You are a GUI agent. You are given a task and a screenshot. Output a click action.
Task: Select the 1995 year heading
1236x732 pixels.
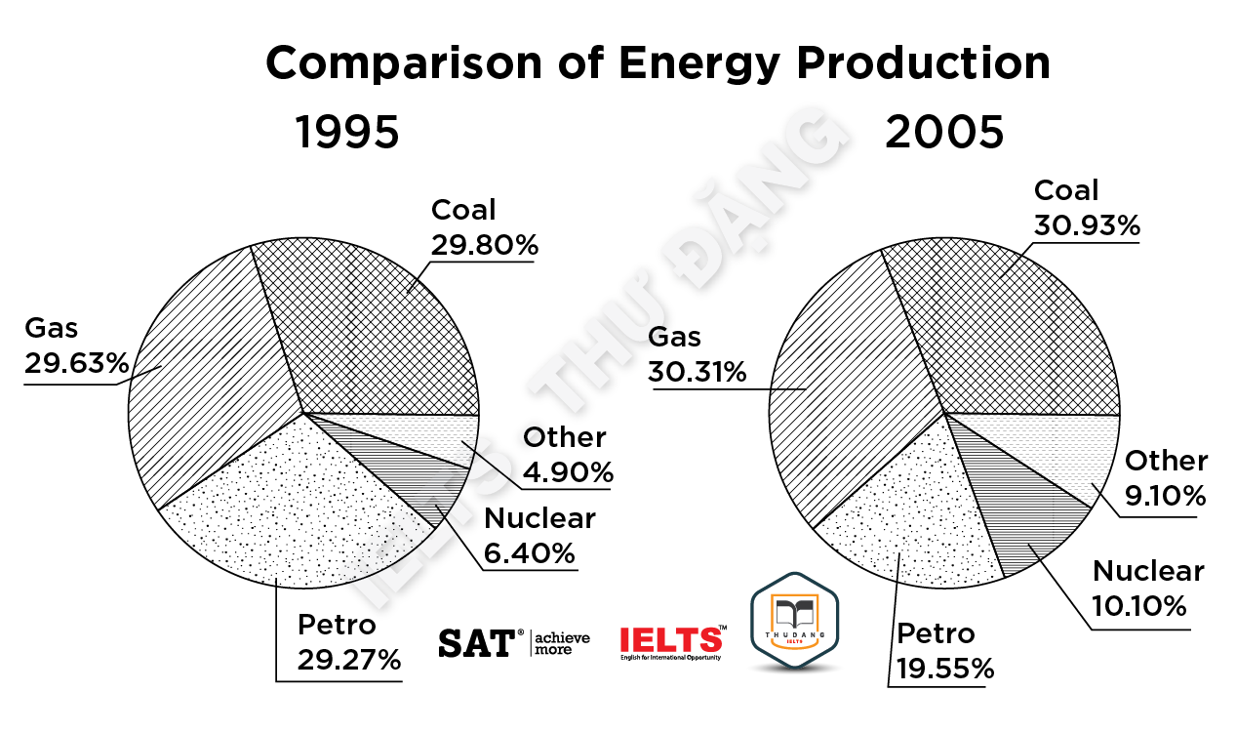pyautogui.click(x=347, y=132)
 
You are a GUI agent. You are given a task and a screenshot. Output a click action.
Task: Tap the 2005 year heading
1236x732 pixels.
pyautogui.click(x=944, y=132)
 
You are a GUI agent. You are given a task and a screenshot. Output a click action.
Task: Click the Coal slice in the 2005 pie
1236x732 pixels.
pyautogui.click(x=1015, y=322)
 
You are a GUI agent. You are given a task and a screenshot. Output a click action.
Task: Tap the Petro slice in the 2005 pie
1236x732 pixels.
pyautogui.click(x=907, y=517)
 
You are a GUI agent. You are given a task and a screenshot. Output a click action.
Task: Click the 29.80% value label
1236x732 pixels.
pyautogui.click(x=485, y=244)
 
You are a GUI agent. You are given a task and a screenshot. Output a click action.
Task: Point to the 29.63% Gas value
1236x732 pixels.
pyautogui.click(x=76, y=364)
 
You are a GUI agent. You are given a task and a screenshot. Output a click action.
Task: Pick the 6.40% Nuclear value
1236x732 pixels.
pyautogui.click(x=530, y=553)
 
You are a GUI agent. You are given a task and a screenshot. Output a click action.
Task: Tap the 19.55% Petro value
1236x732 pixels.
pyautogui.click(x=940, y=669)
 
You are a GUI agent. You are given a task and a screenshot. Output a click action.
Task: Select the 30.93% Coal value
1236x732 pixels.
pyautogui.click(x=1086, y=225)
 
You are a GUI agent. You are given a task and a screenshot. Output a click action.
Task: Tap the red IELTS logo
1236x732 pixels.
pyautogui.click(x=672, y=640)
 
